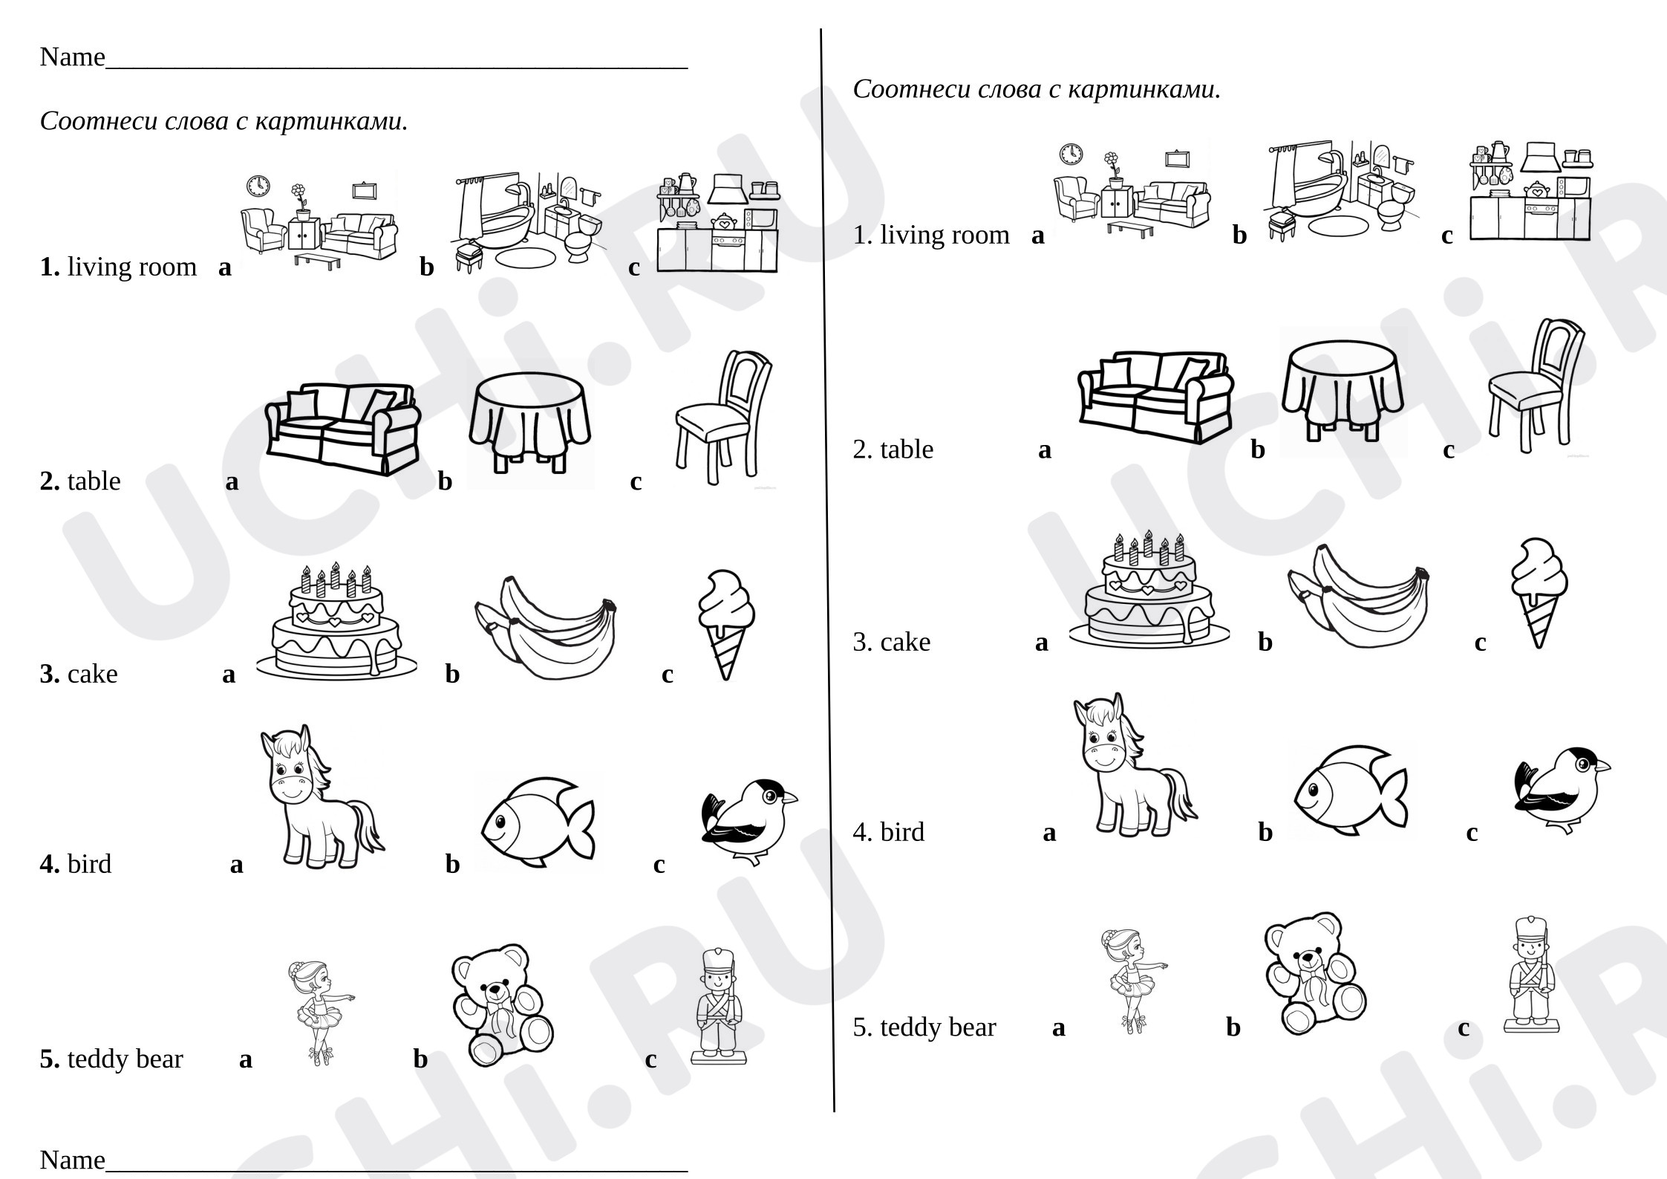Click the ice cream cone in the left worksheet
click(725, 625)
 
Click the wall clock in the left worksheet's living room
click(258, 186)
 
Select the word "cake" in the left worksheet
click(93, 674)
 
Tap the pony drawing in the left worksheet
click(321, 796)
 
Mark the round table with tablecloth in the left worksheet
click(530, 423)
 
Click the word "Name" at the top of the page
click(72, 56)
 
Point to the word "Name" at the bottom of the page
click(72, 1159)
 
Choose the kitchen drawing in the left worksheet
click(717, 222)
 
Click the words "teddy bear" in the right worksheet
click(938, 1027)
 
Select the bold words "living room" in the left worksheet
click(132, 266)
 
